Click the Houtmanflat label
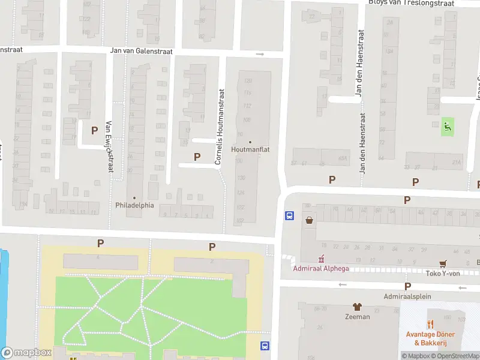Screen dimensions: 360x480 [x=250, y=149]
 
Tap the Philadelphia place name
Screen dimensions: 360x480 [x=134, y=205]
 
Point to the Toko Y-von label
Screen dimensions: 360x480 [x=443, y=273]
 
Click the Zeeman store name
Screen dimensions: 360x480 [x=357, y=316]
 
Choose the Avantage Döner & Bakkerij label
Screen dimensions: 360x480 [x=430, y=338]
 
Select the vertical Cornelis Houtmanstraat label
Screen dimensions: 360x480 [x=220, y=127]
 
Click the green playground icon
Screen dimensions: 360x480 [x=447, y=127]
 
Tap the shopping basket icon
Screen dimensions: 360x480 [x=309, y=220]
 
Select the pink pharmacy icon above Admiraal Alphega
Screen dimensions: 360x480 [x=322, y=259]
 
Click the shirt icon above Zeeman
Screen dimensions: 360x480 [x=358, y=307]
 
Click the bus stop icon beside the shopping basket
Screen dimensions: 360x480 [x=289, y=216]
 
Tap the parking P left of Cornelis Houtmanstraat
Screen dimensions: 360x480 [x=197, y=157]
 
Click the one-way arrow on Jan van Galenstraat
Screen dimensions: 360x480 [x=259, y=54]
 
